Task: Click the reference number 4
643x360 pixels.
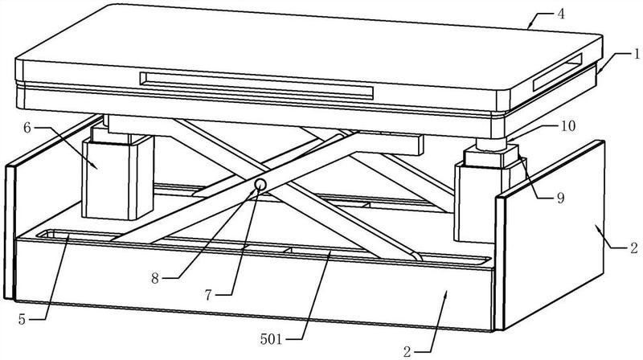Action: click(x=561, y=14)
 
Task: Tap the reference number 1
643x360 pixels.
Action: click(x=637, y=54)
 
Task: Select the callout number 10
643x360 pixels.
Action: click(x=568, y=126)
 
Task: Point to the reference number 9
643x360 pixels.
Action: click(x=560, y=198)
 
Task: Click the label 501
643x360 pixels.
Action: click(x=271, y=339)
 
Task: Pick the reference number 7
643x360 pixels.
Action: click(x=208, y=295)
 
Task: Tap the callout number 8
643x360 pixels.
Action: click(x=154, y=279)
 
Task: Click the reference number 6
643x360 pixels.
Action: click(x=27, y=128)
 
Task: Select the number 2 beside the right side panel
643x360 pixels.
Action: click(x=634, y=247)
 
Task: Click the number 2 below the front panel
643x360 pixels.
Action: click(x=407, y=352)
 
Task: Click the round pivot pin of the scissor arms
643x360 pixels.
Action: click(x=260, y=186)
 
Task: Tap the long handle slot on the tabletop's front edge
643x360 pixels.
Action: click(x=256, y=86)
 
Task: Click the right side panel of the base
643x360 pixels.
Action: click(x=550, y=235)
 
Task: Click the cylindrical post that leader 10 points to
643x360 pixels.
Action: click(x=491, y=145)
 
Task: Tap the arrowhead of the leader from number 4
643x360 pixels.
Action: click(x=530, y=26)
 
